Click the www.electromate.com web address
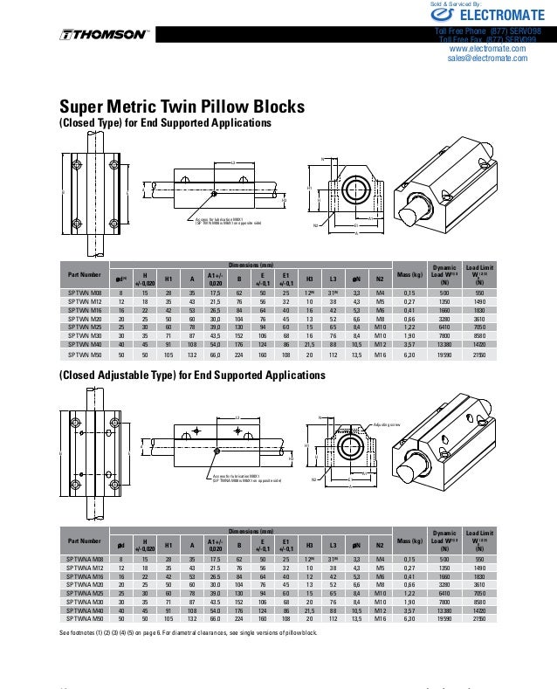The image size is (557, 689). click(x=487, y=49)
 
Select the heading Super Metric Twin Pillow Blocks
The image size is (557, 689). click(x=182, y=107)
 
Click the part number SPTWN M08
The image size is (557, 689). click(x=85, y=293)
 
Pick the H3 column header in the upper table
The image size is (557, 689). click(x=309, y=279)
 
